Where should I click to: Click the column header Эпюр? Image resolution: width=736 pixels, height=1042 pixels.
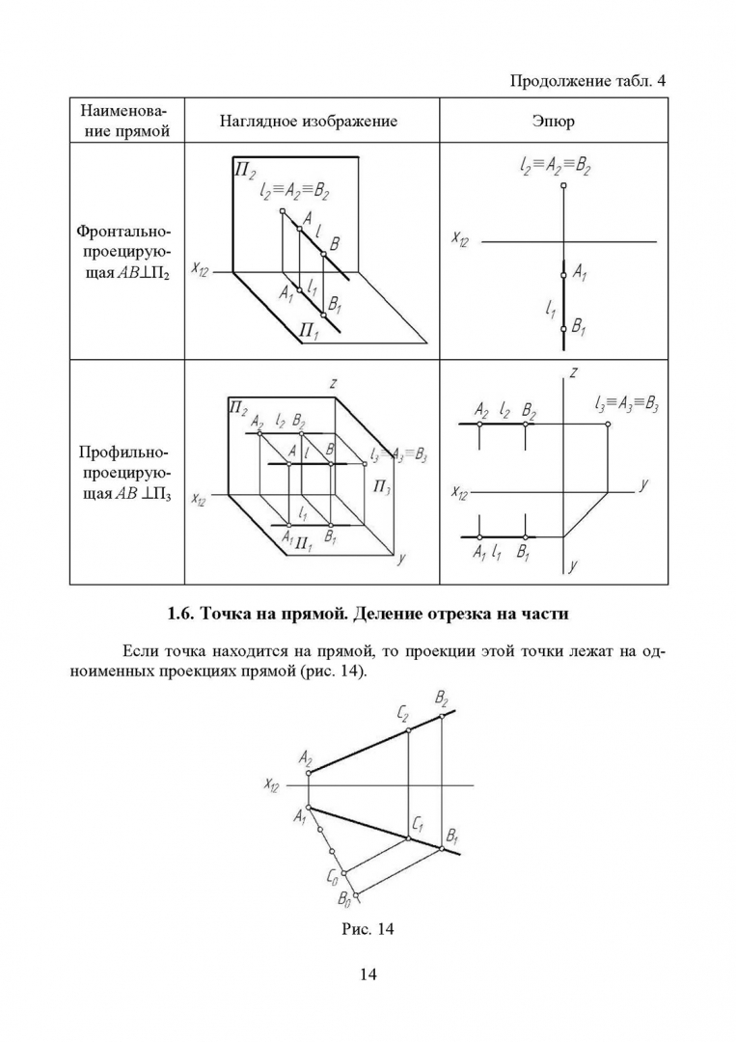click(x=553, y=122)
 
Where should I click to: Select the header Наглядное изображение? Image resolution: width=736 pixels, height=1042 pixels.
click(x=308, y=122)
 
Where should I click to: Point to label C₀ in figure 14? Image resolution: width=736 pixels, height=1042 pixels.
click(x=333, y=877)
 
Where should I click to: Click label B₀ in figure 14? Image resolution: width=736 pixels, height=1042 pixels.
click(x=344, y=900)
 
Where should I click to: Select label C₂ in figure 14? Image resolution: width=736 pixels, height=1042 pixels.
click(x=402, y=715)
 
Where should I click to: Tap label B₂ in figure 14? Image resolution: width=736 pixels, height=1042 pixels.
click(x=442, y=698)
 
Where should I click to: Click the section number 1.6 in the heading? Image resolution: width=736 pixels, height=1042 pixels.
click(x=181, y=614)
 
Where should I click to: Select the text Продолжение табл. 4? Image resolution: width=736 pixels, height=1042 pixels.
click(x=587, y=80)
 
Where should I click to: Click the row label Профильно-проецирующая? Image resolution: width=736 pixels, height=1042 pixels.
click(x=123, y=474)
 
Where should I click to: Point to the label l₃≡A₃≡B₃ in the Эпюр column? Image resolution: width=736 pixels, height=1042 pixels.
click(x=627, y=404)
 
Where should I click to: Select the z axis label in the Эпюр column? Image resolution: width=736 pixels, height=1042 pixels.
click(x=573, y=372)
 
